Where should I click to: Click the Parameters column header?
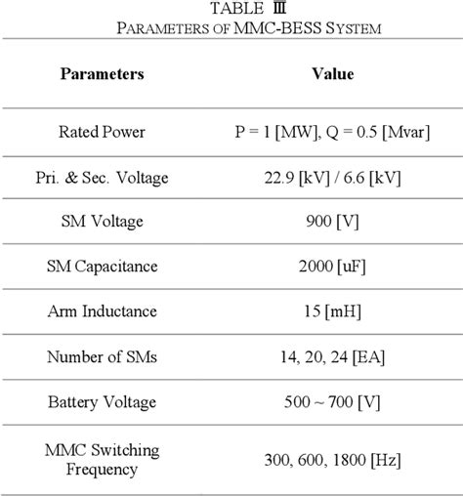pos(103,74)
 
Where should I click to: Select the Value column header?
pos(332,74)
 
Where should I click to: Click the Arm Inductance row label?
pos(103,312)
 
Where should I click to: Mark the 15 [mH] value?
pos(332,312)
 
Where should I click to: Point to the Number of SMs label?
pos(103,357)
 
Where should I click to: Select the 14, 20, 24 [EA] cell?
pos(332,357)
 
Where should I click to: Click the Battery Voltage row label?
pos(103,401)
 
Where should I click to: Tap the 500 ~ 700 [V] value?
pos(332,401)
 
